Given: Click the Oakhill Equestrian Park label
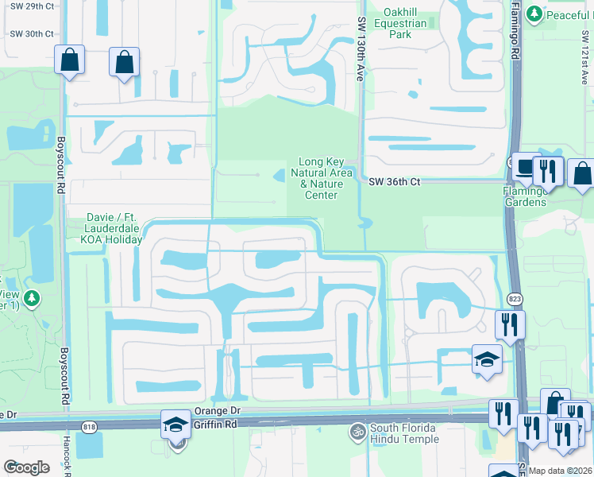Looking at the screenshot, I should [404, 24].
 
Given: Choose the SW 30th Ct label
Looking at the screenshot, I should [32, 34].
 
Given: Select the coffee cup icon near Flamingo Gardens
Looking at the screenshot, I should [525, 167].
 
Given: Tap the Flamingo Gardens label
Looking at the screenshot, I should [525, 196].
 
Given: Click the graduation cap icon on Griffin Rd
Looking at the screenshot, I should [175, 424].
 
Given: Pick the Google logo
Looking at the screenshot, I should [26, 467].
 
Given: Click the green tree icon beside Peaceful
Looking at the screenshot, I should [534, 14].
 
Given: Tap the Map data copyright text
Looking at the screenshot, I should [560, 471].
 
